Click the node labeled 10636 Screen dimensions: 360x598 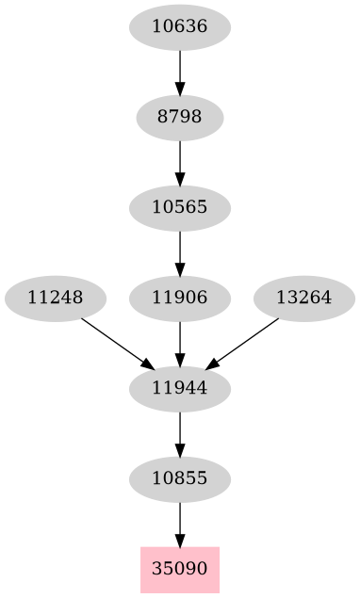click(x=179, y=27)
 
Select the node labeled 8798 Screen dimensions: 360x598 click(x=179, y=118)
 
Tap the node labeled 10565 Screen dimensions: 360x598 click(x=179, y=207)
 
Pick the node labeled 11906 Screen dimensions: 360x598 click(x=179, y=298)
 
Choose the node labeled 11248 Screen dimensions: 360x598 click(x=55, y=298)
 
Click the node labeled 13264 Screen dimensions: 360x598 click(x=303, y=298)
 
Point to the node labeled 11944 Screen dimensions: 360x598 click(x=179, y=388)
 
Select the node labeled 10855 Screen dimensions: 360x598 click(x=179, y=478)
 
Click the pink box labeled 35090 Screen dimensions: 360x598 click(x=179, y=569)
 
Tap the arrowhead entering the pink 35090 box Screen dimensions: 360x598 click(x=179, y=541)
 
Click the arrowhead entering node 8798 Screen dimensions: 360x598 click(x=179, y=89)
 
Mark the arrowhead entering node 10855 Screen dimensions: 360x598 click(x=179, y=450)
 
